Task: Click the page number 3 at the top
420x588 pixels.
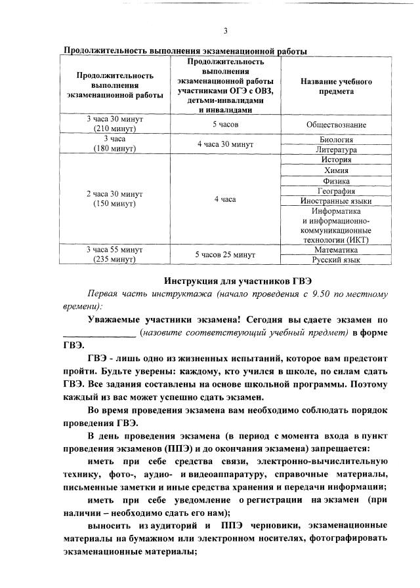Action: click(225, 31)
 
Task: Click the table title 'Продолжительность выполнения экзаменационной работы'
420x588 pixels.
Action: click(184, 51)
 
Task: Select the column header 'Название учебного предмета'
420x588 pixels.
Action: click(336, 87)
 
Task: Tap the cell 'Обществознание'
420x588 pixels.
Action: click(336, 124)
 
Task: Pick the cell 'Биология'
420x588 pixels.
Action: click(336, 140)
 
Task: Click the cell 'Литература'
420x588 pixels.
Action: click(336, 149)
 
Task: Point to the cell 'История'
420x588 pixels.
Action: click(336, 160)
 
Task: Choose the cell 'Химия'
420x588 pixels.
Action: click(336, 170)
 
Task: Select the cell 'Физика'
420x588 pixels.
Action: click(336, 181)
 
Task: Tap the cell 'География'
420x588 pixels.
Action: click(336, 191)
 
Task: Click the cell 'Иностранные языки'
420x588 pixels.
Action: click(336, 201)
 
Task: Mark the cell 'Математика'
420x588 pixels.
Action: click(336, 250)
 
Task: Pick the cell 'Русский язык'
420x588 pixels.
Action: click(336, 260)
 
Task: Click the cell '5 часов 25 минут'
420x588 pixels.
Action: click(224, 254)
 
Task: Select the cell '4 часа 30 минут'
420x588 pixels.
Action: click(224, 144)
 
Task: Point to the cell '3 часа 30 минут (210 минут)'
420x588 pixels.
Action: click(115, 124)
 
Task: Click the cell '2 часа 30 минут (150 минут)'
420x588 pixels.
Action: click(115, 199)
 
